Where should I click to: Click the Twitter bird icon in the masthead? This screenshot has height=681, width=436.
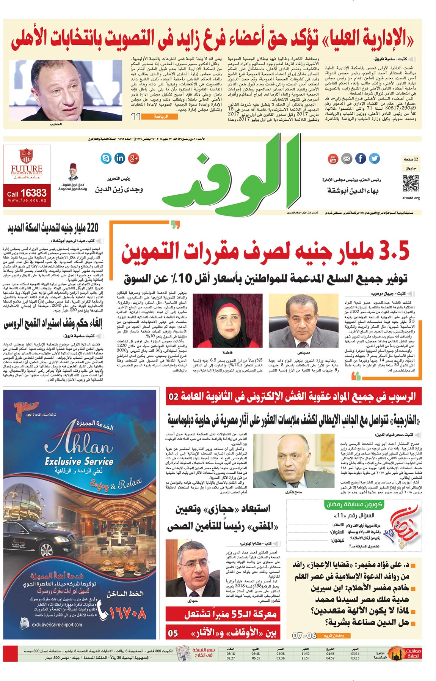374,158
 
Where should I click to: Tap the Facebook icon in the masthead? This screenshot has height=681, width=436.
360,158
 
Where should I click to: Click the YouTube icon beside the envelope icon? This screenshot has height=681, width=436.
332,158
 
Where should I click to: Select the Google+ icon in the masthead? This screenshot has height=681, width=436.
133,158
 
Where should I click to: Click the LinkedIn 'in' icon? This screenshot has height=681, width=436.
120,158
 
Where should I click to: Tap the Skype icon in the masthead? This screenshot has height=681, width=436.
106,158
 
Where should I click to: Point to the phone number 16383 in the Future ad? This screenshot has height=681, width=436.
33,193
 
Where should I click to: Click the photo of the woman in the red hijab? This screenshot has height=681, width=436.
228,320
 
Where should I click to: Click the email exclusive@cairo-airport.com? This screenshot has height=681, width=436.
57,624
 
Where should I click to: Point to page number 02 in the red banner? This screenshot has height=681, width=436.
174,396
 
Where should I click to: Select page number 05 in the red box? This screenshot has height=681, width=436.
173,633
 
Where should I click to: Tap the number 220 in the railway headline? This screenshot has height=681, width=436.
92,228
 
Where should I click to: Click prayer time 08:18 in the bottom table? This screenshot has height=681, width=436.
231,654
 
